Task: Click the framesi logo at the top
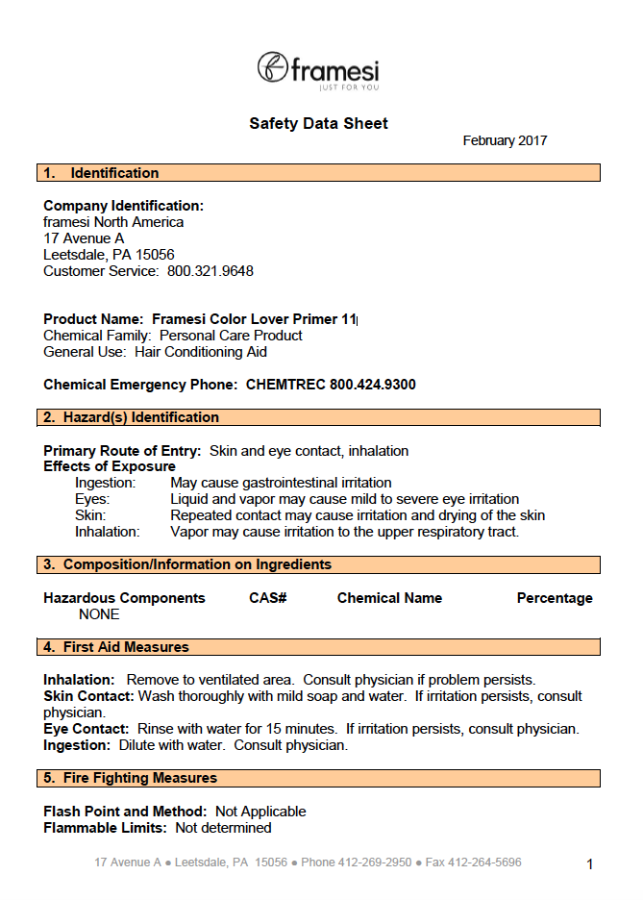tap(318, 71)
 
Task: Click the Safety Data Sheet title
tap(318, 123)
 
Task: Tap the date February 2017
tap(505, 140)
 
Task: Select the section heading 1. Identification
tap(101, 173)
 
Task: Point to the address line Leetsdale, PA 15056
tap(109, 255)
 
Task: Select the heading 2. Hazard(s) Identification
tap(132, 417)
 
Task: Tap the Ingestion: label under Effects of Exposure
tap(106, 483)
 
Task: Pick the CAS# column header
tap(268, 598)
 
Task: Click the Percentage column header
tap(555, 598)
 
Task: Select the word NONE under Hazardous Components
tap(99, 614)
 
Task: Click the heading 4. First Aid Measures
tap(116, 647)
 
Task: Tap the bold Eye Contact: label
tap(87, 729)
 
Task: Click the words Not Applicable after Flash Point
tap(260, 812)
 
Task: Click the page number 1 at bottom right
tap(590, 864)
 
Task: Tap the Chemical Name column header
tap(389, 598)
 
